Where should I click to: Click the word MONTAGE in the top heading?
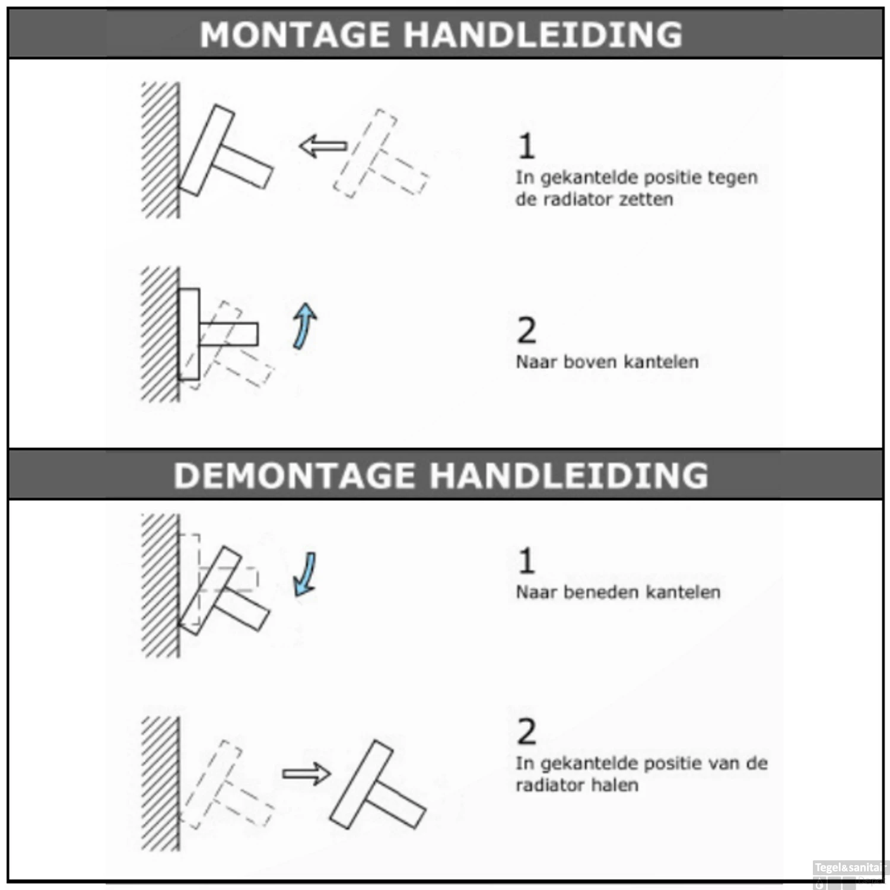(294, 34)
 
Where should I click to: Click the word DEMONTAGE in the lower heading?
(294, 476)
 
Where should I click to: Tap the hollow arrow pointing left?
(322, 146)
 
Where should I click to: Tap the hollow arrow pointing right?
(306, 774)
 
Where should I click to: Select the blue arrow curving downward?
(306, 574)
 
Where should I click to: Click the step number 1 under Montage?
(526, 146)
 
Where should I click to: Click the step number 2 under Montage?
(526, 330)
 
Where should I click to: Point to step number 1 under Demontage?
(526, 561)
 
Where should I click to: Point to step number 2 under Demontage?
(526, 732)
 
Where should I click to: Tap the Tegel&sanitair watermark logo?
(849, 869)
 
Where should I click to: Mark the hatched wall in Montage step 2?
(160, 334)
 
